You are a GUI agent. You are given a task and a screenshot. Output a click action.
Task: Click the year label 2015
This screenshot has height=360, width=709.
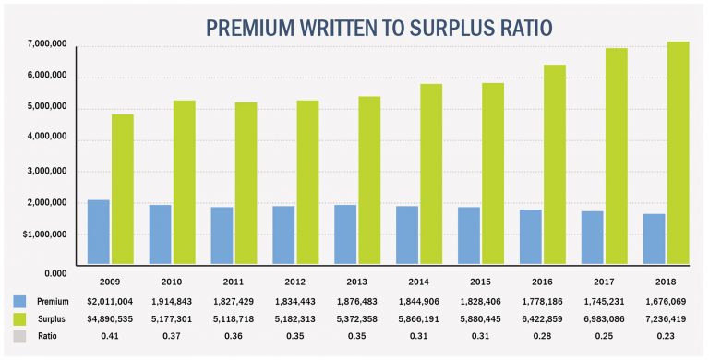tap(486, 281)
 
